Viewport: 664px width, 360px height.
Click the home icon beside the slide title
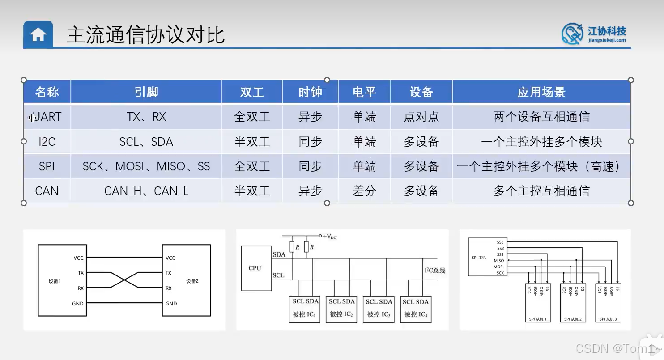tap(38, 34)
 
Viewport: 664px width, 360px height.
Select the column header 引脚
tap(146, 92)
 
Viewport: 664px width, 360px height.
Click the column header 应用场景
tap(541, 92)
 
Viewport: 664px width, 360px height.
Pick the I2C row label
tap(47, 142)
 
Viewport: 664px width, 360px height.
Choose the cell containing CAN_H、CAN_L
tap(146, 191)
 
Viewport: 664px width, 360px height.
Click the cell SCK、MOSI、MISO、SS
tap(146, 166)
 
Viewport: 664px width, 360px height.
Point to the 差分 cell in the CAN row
tap(364, 191)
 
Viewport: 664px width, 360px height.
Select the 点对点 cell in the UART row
tap(421, 117)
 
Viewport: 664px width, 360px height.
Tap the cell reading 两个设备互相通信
tap(541, 117)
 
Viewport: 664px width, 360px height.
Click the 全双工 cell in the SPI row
tap(252, 166)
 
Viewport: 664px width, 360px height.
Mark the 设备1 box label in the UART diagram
tap(55, 281)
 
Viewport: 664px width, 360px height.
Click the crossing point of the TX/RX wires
tap(124, 280)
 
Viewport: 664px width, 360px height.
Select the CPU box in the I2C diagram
tap(255, 268)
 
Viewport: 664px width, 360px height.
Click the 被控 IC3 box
tap(379, 309)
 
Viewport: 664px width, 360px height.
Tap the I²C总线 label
tap(434, 271)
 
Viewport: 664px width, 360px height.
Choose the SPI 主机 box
tap(479, 258)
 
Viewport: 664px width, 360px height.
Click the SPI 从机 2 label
tap(573, 319)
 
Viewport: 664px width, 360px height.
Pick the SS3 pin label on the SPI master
tap(500, 242)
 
